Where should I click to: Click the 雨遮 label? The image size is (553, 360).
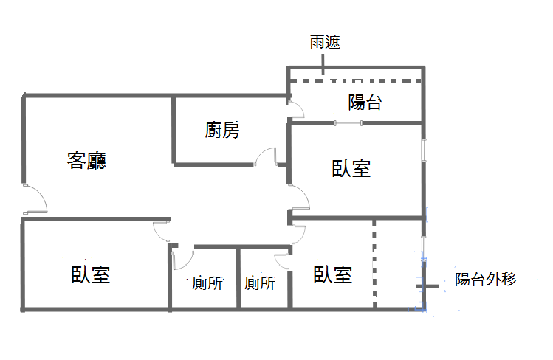(x=325, y=42)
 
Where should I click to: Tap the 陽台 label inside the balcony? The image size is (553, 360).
(x=365, y=103)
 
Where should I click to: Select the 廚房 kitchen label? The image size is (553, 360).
(x=222, y=130)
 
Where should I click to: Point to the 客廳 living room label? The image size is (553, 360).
(x=87, y=161)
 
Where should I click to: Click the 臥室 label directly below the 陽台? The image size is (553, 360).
(x=351, y=168)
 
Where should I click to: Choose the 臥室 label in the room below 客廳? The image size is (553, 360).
(x=91, y=274)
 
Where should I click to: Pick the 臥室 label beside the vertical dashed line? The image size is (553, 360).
(x=332, y=274)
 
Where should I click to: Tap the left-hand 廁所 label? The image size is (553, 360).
(x=207, y=283)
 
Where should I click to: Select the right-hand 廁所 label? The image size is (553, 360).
(x=260, y=283)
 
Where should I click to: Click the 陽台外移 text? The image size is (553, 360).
(x=486, y=280)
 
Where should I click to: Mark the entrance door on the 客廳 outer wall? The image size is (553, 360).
(x=35, y=198)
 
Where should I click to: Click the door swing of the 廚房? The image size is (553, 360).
(x=266, y=156)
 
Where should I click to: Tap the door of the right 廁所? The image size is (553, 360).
(x=282, y=261)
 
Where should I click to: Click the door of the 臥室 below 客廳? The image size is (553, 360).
(x=162, y=232)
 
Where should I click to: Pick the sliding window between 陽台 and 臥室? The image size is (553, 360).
(x=348, y=123)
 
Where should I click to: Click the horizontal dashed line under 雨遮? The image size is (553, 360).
(x=356, y=81)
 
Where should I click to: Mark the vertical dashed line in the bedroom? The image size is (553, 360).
(x=374, y=263)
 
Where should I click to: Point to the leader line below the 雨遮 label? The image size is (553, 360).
(x=323, y=64)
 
